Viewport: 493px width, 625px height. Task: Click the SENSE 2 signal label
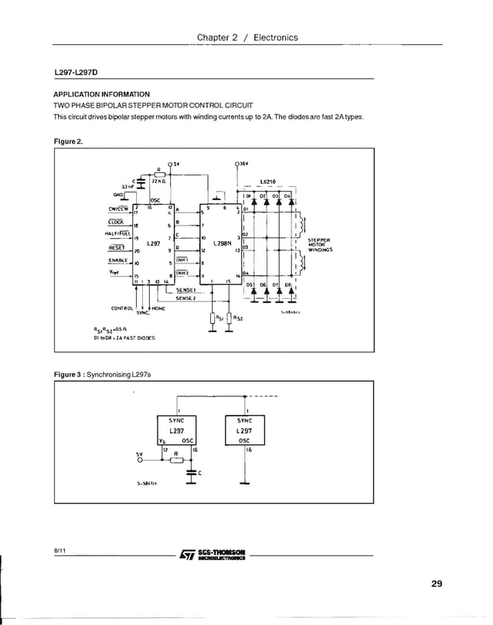pyautogui.click(x=184, y=297)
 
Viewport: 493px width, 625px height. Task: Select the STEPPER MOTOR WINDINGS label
pyautogui.click(x=320, y=245)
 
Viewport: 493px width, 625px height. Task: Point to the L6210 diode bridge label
pyautogui.click(x=269, y=182)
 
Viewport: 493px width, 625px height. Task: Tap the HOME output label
pyautogui.click(x=158, y=308)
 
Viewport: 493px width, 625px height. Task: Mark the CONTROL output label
pyautogui.click(x=124, y=308)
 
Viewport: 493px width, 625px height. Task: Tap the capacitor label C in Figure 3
pyautogui.click(x=200, y=472)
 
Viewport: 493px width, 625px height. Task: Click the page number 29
pyautogui.click(x=437, y=583)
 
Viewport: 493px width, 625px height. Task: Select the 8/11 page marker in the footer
pyautogui.click(x=60, y=550)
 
